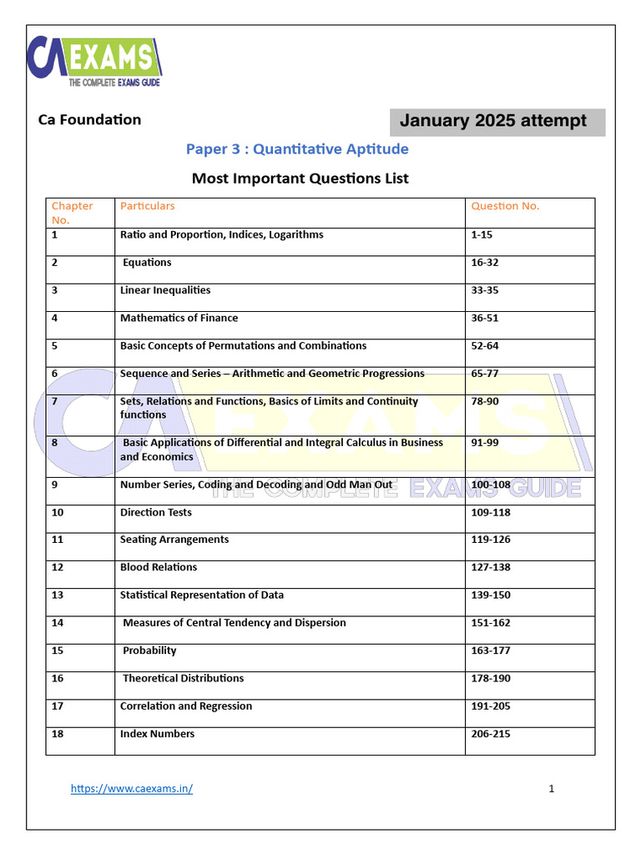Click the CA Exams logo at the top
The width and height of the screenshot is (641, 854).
pyautogui.click(x=94, y=62)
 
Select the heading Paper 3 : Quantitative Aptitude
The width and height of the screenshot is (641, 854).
pyautogui.click(x=297, y=149)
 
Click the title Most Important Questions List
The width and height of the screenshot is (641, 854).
pyautogui.click(x=300, y=178)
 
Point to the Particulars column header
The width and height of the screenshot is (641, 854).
pyautogui.click(x=148, y=206)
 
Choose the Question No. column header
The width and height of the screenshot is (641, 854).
pyautogui.click(x=505, y=206)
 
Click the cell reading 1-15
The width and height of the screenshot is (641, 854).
pyautogui.click(x=482, y=235)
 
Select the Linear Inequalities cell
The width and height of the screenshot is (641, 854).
pyautogui.click(x=165, y=290)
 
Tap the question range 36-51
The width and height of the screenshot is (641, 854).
pyautogui.click(x=485, y=318)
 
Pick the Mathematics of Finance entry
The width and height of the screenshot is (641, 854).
pyautogui.click(x=179, y=318)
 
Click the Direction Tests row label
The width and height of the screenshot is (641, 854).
pyautogui.click(x=155, y=512)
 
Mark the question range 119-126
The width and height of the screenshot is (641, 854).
pyautogui.click(x=491, y=540)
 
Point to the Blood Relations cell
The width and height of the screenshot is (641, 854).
pyautogui.click(x=159, y=567)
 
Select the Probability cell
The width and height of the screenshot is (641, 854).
pyautogui.click(x=149, y=651)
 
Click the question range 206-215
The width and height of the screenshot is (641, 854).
pyautogui.click(x=491, y=734)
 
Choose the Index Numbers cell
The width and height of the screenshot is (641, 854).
pyautogui.click(x=157, y=734)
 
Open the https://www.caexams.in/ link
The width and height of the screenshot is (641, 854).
pyautogui.click(x=132, y=789)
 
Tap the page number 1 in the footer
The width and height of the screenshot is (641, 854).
pyautogui.click(x=552, y=789)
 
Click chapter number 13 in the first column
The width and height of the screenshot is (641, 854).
pyautogui.click(x=58, y=595)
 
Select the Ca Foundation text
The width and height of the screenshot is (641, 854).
pyautogui.click(x=89, y=119)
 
